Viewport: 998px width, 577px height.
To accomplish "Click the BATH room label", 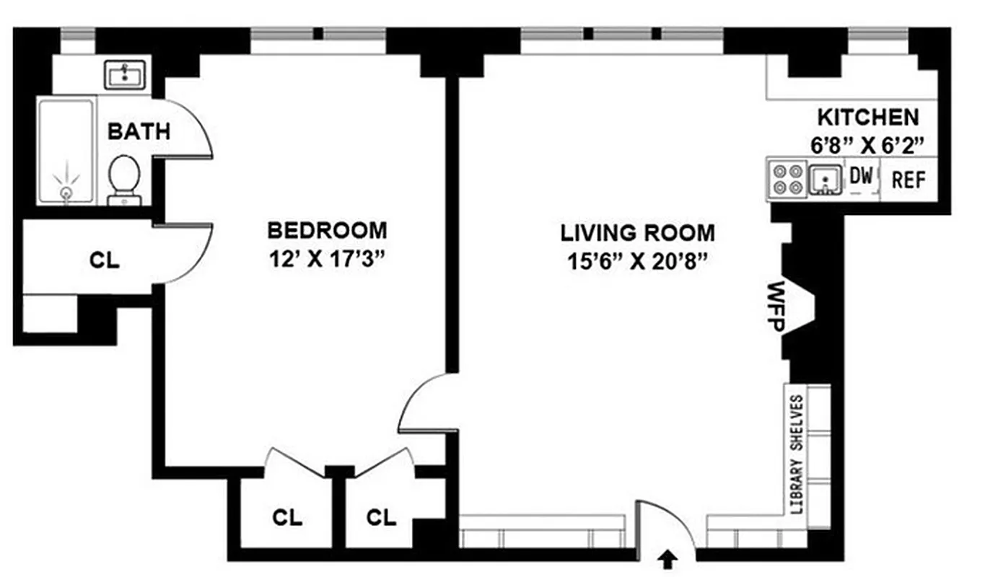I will click(139, 132).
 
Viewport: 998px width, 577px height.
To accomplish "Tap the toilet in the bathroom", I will click(124, 177).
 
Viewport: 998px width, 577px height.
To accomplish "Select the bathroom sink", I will click(125, 74).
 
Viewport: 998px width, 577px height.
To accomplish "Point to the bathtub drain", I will click(66, 193).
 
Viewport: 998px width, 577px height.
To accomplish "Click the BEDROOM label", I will click(327, 231).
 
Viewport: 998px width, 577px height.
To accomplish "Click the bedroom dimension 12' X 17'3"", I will click(327, 258).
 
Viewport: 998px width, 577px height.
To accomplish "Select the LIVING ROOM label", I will click(638, 233).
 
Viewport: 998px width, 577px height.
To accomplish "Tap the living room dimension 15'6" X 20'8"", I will click(638, 260).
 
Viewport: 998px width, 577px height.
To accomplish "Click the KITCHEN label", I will click(868, 117).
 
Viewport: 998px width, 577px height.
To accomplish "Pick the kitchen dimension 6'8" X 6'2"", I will click(867, 145).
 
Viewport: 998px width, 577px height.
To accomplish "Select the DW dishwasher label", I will click(861, 175).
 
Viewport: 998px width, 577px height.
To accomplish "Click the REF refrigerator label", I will click(909, 180).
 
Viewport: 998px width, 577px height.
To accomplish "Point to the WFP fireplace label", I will click(776, 307).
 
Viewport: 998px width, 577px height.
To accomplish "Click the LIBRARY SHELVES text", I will click(797, 454).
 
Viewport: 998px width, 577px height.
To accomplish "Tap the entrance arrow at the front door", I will click(669, 556).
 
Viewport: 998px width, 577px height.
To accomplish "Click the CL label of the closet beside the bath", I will click(105, 260).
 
